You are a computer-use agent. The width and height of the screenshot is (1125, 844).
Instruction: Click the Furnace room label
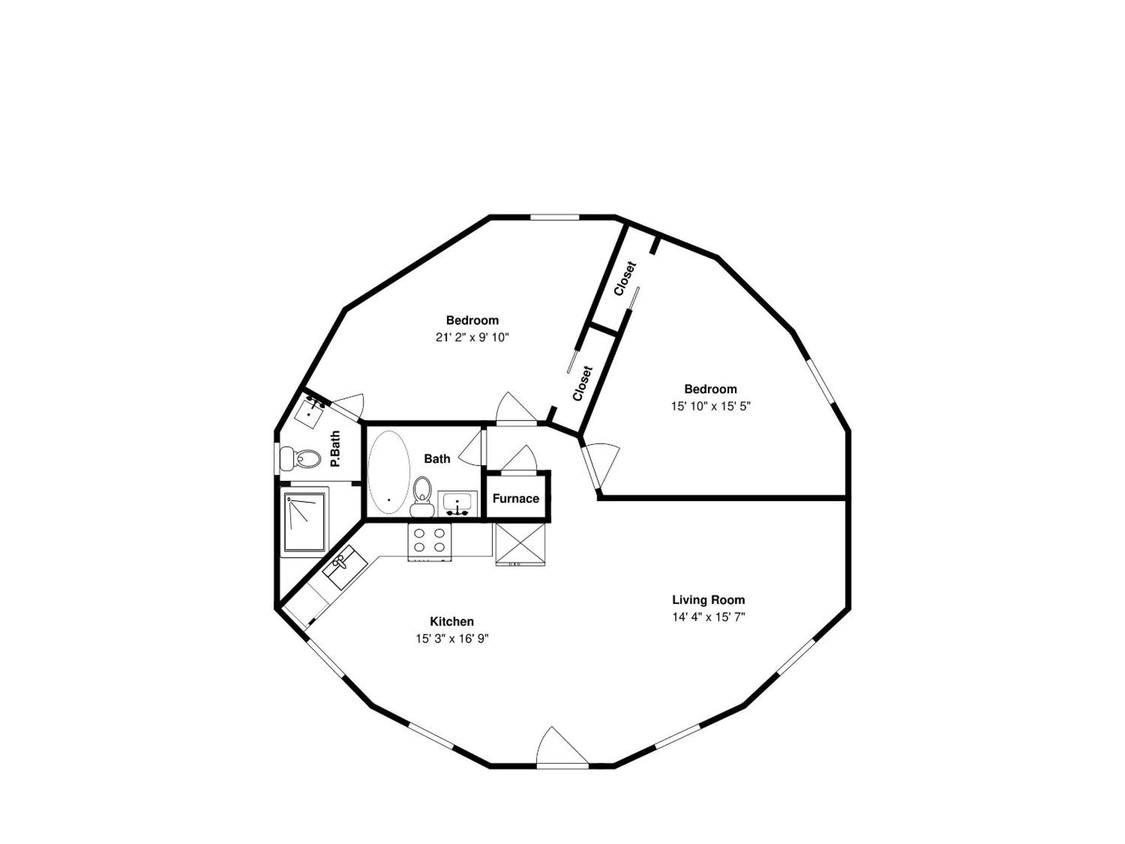(515, 499)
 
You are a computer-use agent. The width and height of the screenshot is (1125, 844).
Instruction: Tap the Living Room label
(709, 600)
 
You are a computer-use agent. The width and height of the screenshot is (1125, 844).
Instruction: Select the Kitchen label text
(452, 621)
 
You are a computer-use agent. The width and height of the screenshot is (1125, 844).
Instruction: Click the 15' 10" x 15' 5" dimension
(711, 406)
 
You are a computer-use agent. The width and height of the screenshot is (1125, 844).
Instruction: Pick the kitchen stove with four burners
(429, 542)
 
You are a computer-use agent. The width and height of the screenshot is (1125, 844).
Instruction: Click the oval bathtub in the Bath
(389, 472)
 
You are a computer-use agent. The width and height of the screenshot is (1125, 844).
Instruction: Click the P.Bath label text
(335, 449)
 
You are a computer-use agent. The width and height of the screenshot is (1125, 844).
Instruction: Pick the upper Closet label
(625, 278)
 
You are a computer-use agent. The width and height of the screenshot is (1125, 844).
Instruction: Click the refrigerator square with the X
(520, 544)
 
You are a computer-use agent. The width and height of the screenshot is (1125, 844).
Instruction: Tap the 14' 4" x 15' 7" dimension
(709, 617)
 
